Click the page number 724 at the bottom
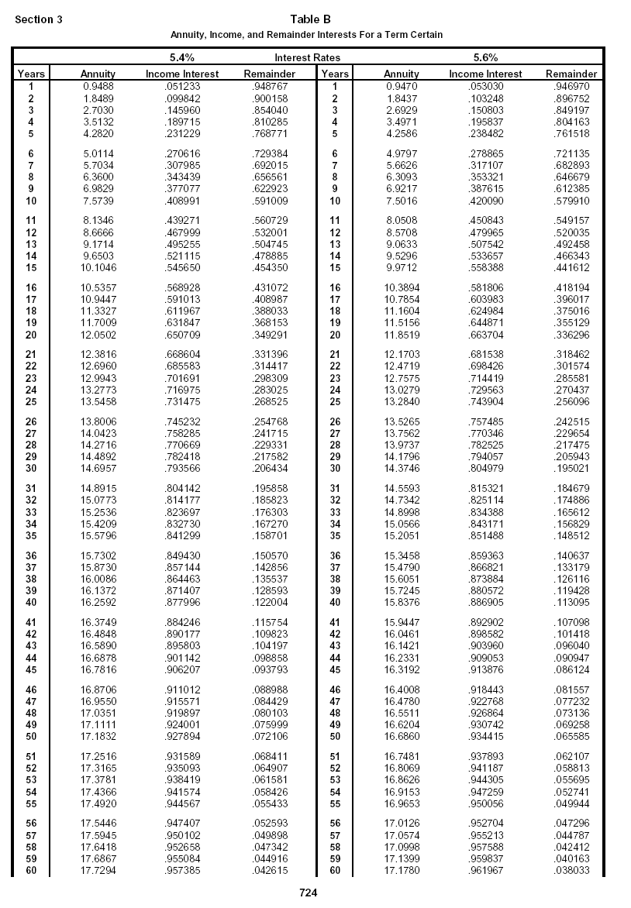309,893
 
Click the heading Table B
310,19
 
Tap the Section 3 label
39,19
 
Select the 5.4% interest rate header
182,57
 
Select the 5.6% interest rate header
485,57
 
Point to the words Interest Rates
307,57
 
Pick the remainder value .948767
270,86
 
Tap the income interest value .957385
182,870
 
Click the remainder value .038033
571,870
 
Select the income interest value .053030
485,86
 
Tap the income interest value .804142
182,488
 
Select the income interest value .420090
485,201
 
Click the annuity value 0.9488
98,86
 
